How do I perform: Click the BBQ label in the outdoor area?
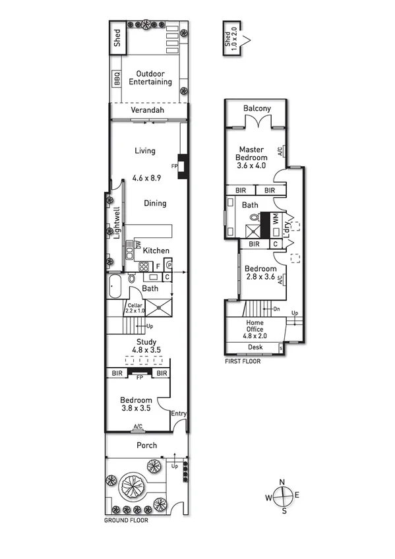click(117, 79)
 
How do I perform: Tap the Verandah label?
click(146, 111)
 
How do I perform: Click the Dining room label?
click(155, 204)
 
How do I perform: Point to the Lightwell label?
click(117, 223)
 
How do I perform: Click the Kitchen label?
click(156, 250)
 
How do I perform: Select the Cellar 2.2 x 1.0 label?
click(135, 309)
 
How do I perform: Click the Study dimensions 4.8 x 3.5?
click(146, 351)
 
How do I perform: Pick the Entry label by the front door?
click(178, 414)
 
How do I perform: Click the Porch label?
click(146, 446)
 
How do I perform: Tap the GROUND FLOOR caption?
click(126, 520)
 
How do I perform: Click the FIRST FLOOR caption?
click(243, 361)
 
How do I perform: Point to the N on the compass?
click(282, 482)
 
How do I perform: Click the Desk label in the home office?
click(255, 347)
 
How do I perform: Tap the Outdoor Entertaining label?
click(150, 78)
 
